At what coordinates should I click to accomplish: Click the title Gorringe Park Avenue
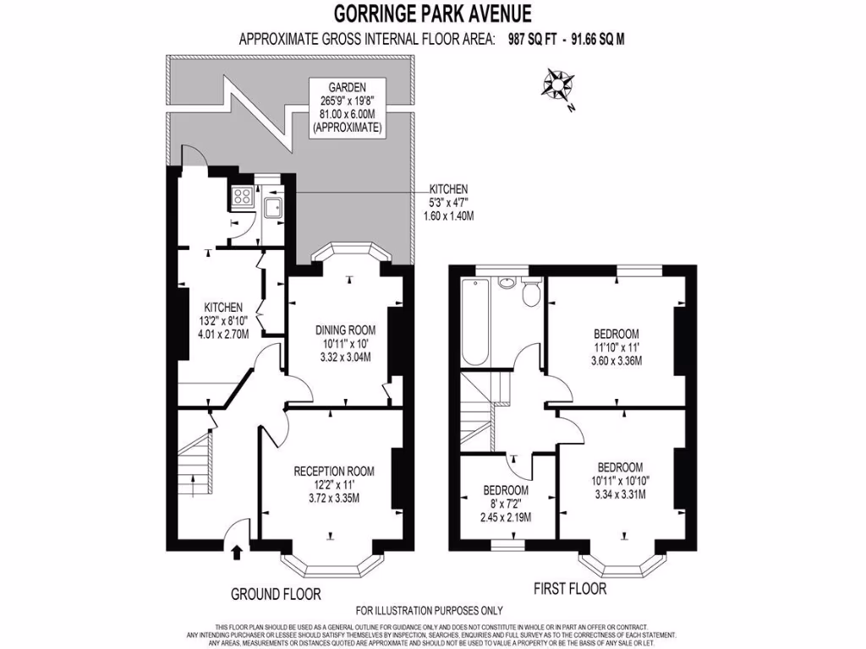(x=432, y=14)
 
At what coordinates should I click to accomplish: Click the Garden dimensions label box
(x=348, y=107)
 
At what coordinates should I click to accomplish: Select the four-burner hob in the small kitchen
(x=240, y=196)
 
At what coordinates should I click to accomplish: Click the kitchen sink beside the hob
(x=274, y=208)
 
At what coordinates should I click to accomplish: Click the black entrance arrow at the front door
(x=236, y=553)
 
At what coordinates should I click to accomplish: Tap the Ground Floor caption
(x=276, y=594)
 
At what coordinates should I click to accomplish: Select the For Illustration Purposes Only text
(x=429, y=610)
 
